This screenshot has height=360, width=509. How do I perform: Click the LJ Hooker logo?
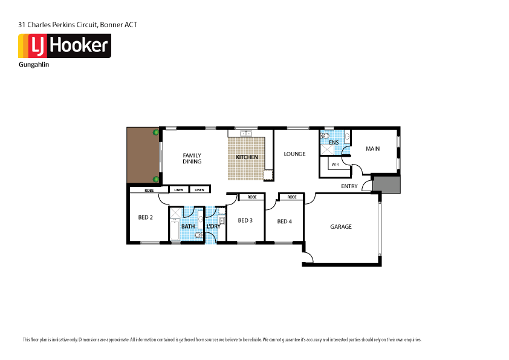point(64,46)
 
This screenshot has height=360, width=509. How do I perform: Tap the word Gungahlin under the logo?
point(34,64)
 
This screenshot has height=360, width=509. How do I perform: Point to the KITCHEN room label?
point(247,157)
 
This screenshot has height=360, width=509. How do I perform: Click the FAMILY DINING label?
point(192,159)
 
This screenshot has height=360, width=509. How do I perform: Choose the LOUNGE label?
point(295,154)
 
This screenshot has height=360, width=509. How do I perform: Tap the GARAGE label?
point(341,227)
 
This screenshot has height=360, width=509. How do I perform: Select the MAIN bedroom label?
point(372,149)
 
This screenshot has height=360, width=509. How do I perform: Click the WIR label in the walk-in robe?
point(334,164)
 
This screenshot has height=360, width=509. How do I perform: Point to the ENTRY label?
point(349,186)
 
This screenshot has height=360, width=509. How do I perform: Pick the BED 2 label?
point(146,218)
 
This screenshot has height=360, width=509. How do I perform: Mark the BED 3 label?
point(245,220)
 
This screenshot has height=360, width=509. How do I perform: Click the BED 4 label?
point(285,221)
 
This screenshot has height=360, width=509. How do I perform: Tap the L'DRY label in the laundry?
point(213,227)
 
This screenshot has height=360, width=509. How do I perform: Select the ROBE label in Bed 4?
point(291,197)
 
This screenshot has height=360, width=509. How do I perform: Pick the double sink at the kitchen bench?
point(246,133)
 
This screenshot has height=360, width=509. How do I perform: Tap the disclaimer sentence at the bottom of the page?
point(221,339)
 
